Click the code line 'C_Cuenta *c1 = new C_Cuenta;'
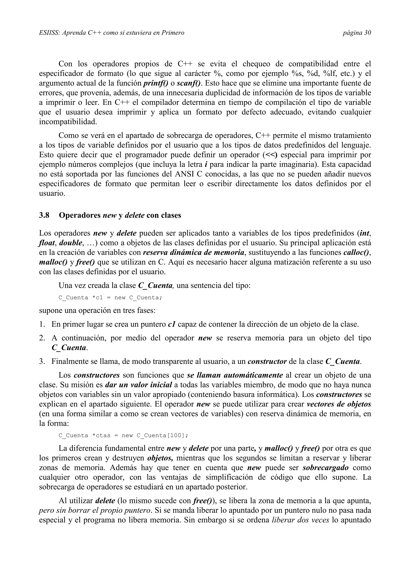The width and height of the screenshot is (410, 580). (110, 298)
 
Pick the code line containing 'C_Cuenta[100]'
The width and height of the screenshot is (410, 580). (123, 436)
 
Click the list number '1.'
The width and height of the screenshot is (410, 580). (42, 324)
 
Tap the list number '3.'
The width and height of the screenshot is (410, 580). (42, 361)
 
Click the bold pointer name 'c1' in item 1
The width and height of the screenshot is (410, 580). (172, 324)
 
